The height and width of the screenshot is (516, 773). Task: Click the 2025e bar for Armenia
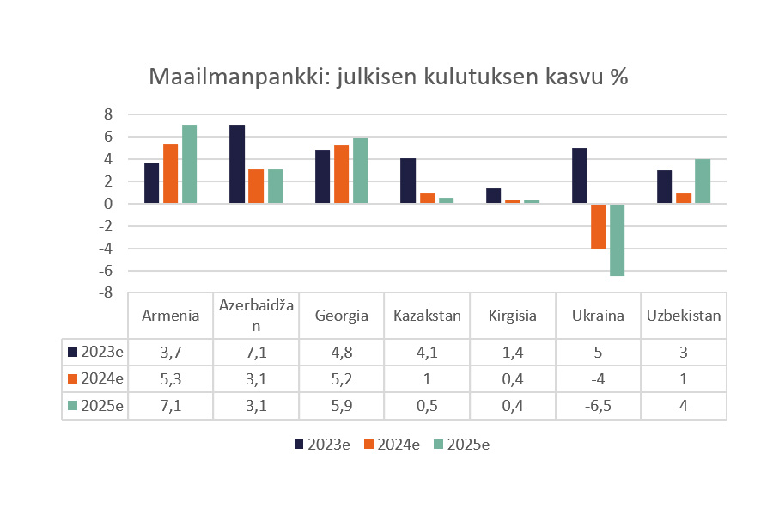[189, 164]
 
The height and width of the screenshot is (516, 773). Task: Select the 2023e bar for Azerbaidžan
[237, 164]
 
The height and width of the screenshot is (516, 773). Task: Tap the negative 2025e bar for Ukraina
[618, 240]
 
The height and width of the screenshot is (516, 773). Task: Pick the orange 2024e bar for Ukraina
[598, 226]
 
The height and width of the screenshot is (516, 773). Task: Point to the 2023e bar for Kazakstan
[408, 181]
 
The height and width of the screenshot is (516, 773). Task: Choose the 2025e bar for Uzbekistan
[703, 181]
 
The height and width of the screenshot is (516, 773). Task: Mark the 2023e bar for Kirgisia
[494, 196]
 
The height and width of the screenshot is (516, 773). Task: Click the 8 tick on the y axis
[108, 114]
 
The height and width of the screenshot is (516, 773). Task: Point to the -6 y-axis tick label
[106, 271]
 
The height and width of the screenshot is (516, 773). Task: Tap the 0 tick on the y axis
[109, 204]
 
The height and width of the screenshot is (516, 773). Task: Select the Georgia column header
[342, 316]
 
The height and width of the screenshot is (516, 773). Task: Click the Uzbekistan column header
[684, 316]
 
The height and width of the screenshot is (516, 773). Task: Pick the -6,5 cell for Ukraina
[598, 406]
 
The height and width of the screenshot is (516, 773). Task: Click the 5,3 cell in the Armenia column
[171, 379]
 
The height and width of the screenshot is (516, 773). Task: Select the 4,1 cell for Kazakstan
[427, 352]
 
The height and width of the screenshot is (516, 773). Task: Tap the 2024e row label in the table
[101, 379]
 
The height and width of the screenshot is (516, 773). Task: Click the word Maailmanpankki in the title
[223, 77]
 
